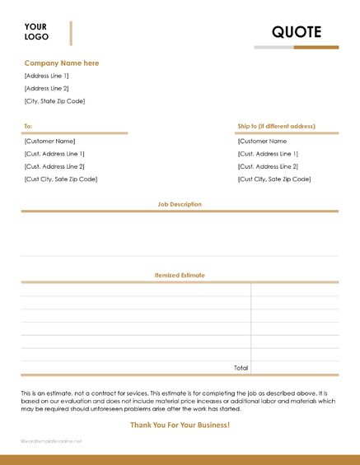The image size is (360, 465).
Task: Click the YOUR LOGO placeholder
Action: (36, 31)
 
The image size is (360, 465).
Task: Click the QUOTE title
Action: (296, 31)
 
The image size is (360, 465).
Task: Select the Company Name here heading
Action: (62, 63)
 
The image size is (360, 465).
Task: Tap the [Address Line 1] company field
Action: (47, 76)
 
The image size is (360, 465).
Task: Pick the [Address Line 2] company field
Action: (47, 88)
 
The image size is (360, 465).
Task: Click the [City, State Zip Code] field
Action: (54, 101)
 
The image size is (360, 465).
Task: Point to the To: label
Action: (28, 126)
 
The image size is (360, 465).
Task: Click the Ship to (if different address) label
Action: (276, 126)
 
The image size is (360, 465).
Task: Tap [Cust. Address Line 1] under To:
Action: (54, 154)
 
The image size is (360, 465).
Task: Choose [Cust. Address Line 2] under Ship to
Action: (268, 166)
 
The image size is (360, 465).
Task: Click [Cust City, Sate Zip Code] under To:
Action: (61, 179)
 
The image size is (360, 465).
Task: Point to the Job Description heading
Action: (180, 204)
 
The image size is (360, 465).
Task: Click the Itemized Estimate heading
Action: (180, 275)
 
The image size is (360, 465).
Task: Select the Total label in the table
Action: (241, 367)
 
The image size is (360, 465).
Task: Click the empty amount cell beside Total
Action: (294, 367)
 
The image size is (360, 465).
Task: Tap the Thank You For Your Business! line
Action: (180, 425)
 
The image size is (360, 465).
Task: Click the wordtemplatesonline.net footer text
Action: (52, 441)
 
